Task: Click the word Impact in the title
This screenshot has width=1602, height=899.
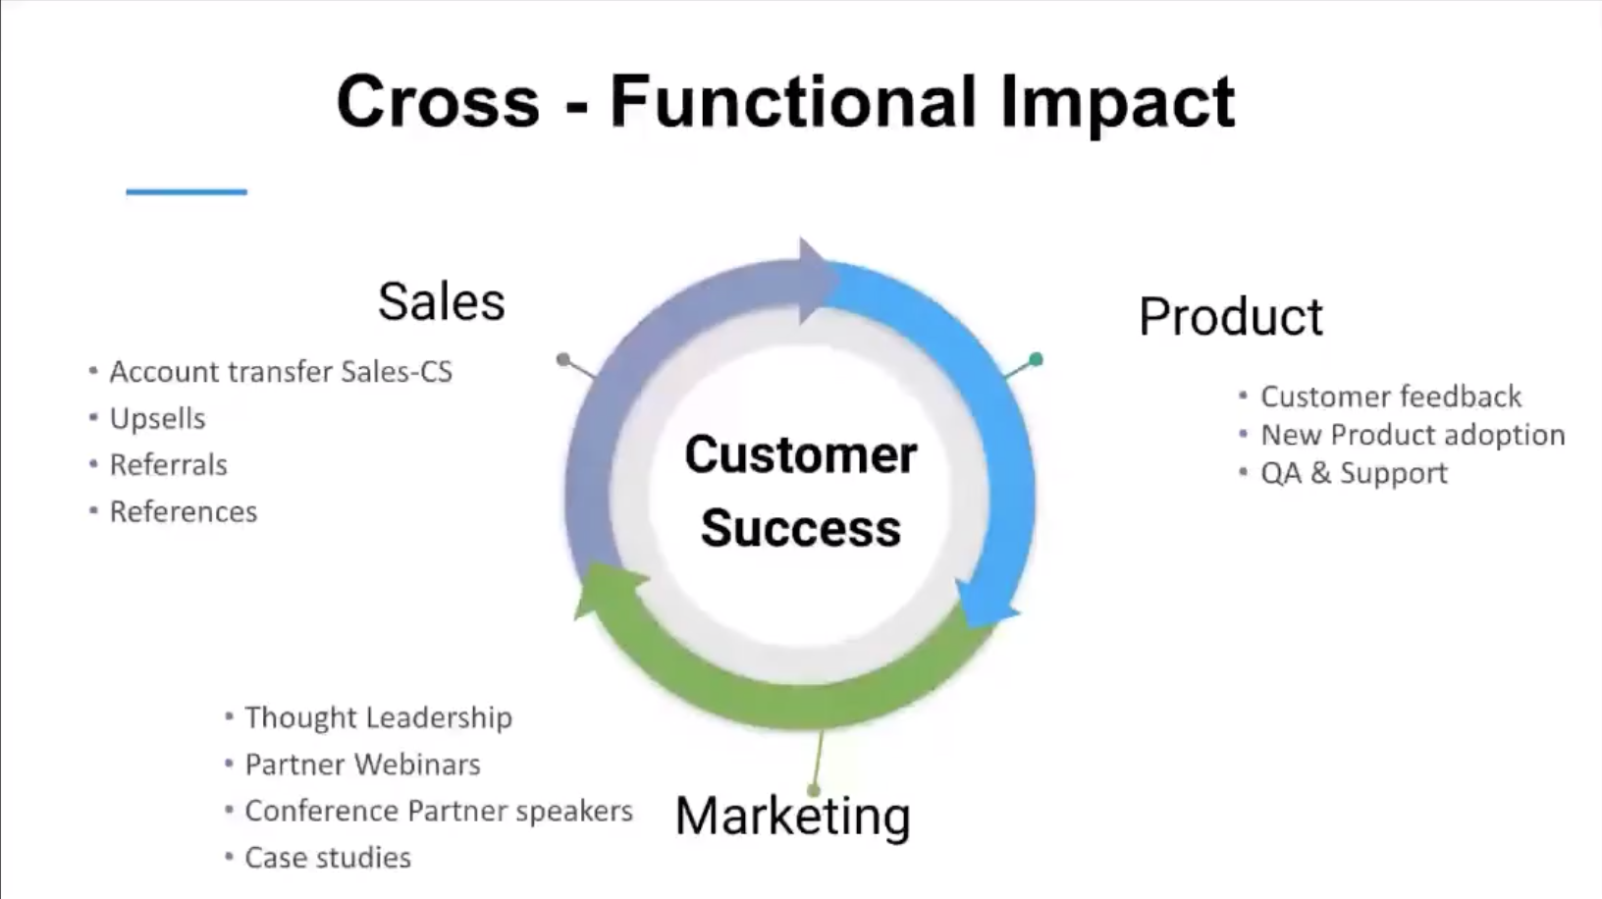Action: pyautogui.click(x=1116, y=103)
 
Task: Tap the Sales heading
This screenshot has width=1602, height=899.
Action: pyautogui.click(x=441, y=301)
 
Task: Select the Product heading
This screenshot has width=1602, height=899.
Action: pyautogui.click(x=1230, y=317)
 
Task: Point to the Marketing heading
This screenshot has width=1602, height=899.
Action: pyautogui.click(x=792, y=816)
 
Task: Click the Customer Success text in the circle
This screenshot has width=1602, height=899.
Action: pyautogui.click(x=800, y=491)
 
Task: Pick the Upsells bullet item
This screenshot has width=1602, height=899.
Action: pyautogui.click(x=157, y=419)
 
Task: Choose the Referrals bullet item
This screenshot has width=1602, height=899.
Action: pyautogui.click(x=168, y=465)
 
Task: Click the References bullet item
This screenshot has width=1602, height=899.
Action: pyautogui.click(x=183, y=512)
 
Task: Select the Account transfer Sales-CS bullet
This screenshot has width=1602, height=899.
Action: pyautogui.click(x=280, y=372)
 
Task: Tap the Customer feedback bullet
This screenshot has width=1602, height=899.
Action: pyautogui.click(x=1390, y=397)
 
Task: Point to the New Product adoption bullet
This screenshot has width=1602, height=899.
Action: pyautogui.click(x=1412, y=435)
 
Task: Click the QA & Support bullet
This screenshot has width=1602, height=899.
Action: pyautogui.click(x=1354, y=473)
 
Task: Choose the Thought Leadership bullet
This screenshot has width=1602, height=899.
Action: pyautogui.click(x=378, y=717)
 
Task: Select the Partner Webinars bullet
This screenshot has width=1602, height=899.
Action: pyautogui.click(x=362, y=765)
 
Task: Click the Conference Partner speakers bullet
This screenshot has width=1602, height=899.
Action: pyautogui.click(x=438, y=811)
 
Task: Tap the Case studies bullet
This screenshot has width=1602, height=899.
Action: pyautogui.click(x=328, y=858)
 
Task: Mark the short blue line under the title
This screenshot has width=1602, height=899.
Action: pyautogui.click(x=187, y=192)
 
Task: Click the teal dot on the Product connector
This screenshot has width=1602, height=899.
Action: pyautogui.click(x=1036, y=359)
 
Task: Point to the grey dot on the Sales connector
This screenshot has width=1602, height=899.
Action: pyautogui.click(x=563, y=359)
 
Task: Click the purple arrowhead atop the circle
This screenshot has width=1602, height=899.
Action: pyautogui.click(x=816, y=279)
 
